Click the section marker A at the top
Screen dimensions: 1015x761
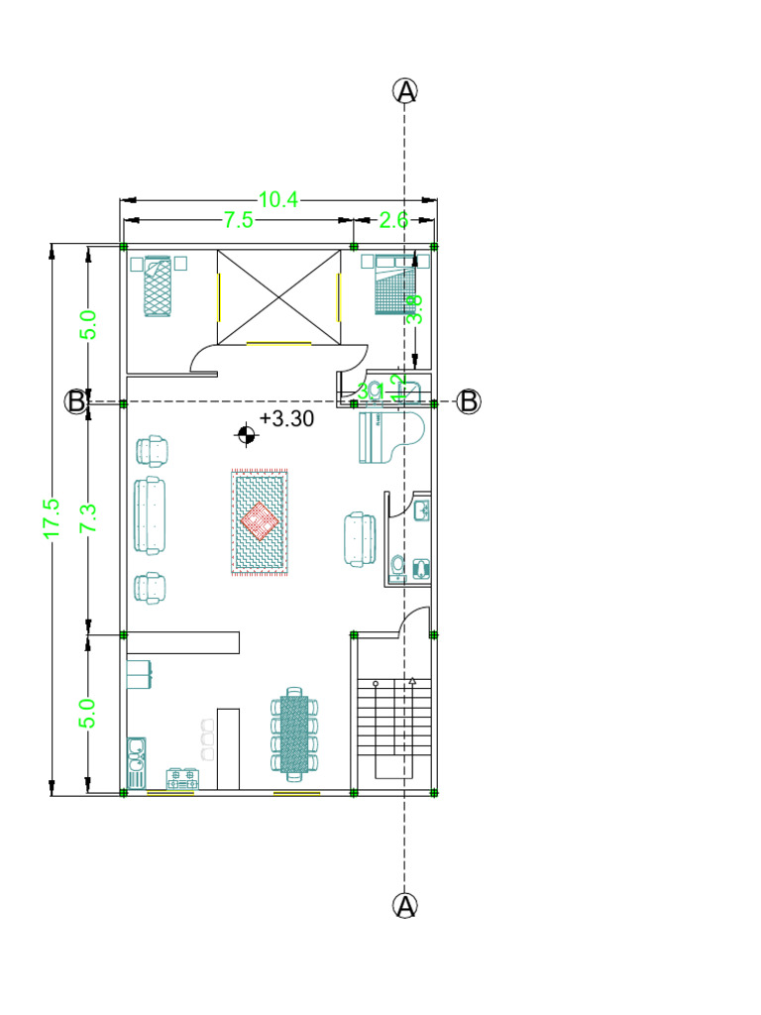[405, 91]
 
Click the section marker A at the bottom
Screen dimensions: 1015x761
[405, 906]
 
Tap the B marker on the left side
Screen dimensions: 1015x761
[76, 401]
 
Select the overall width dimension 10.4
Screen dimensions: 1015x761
[278, 199]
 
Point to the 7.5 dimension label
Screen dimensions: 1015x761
[238, 220]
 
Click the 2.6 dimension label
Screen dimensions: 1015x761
[393, 220]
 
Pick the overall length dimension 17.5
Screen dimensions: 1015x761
[53, 518]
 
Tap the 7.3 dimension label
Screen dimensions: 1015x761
[88, 518]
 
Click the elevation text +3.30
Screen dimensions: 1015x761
[287, 419]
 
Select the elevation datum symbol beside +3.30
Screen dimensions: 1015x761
[244, 433]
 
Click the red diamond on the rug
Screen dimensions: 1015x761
[260, 520]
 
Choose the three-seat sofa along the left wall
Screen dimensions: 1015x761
[151, 515]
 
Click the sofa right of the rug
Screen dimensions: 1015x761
[360, 539]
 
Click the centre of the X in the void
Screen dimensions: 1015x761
[278, 297]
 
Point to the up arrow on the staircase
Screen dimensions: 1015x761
[412, 681]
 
